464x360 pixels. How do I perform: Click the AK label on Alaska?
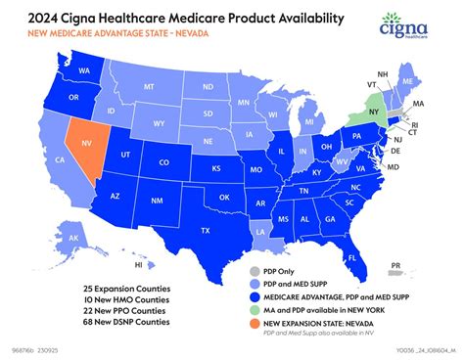[x=73, y=237]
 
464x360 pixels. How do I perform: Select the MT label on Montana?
[x=149, y=86]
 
